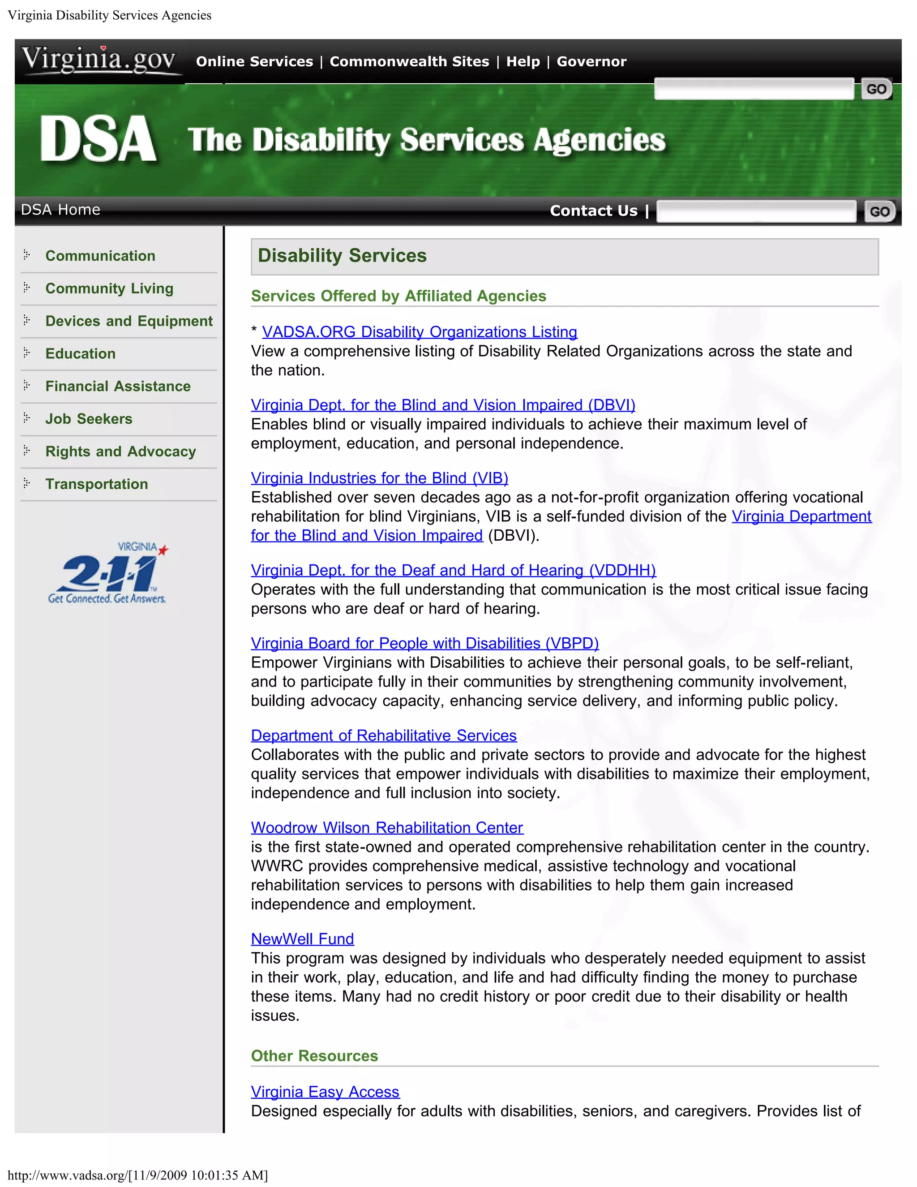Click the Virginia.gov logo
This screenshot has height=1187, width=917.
point(99,60)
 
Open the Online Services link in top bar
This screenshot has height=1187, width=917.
point(254,61)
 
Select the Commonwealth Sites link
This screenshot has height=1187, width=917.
point(409,61)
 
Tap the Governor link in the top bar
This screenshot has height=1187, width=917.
point(591,61)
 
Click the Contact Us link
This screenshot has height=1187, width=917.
point(593,211)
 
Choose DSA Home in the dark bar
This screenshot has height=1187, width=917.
point(60,210)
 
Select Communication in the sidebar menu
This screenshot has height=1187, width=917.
point(100,256)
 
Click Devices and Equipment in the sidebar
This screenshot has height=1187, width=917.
point(129,321)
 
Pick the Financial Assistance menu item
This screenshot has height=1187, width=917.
point(118,387)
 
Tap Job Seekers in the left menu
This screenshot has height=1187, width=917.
point(89,419)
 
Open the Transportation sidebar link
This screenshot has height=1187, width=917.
point(96,484)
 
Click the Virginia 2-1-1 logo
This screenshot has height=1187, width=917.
point(107,573)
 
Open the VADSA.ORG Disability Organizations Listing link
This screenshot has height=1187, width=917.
point(420,332)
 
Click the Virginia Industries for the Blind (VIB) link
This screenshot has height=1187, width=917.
point(379,478)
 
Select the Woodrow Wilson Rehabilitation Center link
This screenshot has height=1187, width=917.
point(387,828)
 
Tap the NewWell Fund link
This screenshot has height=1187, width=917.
point(302,939)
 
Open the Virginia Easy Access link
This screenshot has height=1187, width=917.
point(325,1092)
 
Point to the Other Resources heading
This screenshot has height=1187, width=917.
point(314,1056)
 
